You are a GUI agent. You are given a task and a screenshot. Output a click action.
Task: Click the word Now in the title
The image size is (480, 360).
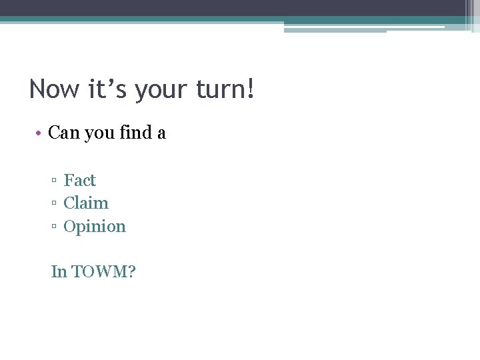[x=53, y=89]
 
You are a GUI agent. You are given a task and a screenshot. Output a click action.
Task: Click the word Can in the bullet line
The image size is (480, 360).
[x=64, y=133]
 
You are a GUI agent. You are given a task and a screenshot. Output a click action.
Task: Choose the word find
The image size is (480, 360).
[x=136, y=133]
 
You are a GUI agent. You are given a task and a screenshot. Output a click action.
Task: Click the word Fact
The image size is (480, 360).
[x=80, y=180]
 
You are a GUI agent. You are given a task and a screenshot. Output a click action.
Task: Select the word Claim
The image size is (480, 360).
[x=86, y=203]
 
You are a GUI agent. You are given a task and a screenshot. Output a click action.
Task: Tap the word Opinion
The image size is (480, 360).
[x=95, y=227]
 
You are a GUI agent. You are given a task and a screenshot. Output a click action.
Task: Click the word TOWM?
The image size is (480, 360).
[x=103, y=271]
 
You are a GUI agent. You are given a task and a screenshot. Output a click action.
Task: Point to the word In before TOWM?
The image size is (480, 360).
[x=59, y=271]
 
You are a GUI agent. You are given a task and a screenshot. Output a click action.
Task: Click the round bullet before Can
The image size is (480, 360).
[x=41, y=133]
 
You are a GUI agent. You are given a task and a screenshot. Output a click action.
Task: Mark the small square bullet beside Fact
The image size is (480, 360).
[x=54, y=181]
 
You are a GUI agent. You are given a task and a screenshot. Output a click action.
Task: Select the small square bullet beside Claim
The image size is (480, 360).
[x=54, y=204]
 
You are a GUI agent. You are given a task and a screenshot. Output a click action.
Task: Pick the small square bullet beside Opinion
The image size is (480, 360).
[x=54, y=227]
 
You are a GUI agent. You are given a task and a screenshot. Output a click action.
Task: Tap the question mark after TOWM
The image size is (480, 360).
[x=131, y=271]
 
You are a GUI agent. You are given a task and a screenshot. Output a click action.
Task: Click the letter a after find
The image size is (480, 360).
[x=161, y=134]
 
